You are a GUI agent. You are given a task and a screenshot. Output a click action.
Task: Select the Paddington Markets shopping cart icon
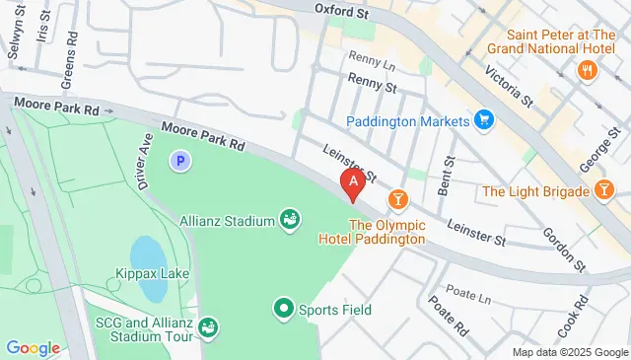(x=483, y=121)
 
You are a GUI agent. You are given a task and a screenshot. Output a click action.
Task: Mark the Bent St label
(x=450, y=174)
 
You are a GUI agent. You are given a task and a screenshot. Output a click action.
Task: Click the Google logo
(x=33, y=348)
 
